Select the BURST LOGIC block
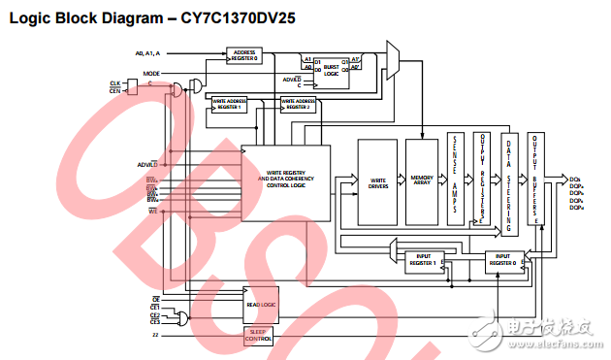coord(332,69)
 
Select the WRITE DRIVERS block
coord(378,181)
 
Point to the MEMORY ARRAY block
coord(422,181)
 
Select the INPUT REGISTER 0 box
coord(503,260)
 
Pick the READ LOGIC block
coord(260,304)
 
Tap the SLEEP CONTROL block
coord(259,335)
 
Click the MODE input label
coord(151,73)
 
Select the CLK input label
coord(114,82)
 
